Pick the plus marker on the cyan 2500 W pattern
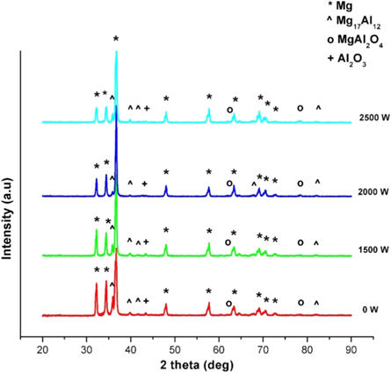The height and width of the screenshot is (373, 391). point(147,108)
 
